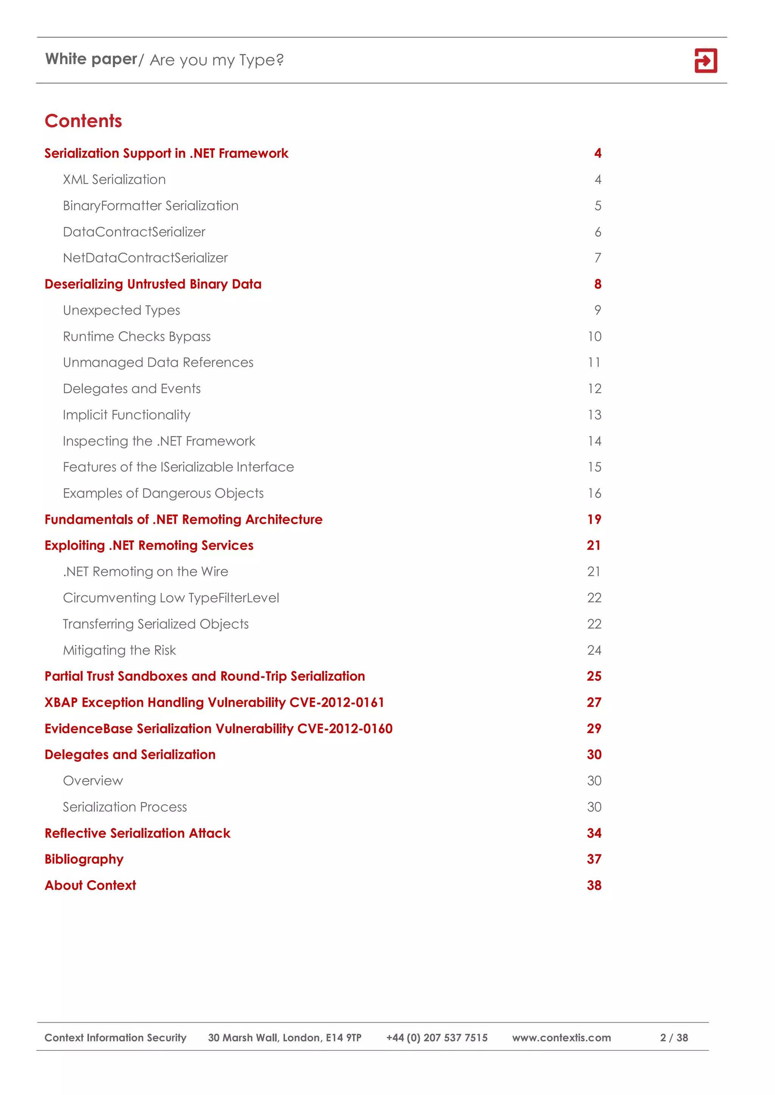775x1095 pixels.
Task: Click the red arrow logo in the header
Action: click(x=705, y=60)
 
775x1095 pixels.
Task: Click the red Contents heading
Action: click(x=84, y=121)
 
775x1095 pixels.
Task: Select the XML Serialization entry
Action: click(x=115, y=180)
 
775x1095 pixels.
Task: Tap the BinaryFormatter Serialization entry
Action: click(x=151, y=206)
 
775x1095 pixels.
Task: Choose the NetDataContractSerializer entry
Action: click(x=146, y=258)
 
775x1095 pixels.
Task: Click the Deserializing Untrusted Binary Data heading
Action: click(x=153, y=284)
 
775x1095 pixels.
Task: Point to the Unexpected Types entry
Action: click(x=122, y=310)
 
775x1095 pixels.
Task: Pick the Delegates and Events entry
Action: click(x=132, y=389)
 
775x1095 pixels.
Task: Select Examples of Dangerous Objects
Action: click(x=163, y=493)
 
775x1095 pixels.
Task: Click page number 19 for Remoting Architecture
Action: click(x=594, y=520)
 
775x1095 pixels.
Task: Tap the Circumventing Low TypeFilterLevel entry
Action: click(x=171, y=598)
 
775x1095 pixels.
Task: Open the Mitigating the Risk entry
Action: click(x=119, y=650)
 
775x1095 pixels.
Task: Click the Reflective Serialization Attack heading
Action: click(x=137, y=833)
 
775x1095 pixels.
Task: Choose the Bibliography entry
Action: click(x=84, y=859)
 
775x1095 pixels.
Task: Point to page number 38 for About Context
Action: click(x=594, y=886)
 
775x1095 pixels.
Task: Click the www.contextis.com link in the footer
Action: click(x=561, y=1038)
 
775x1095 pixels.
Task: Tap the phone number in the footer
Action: click(x=437, y=1038)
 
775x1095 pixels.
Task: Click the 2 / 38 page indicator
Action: click(x=674, y=1038)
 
